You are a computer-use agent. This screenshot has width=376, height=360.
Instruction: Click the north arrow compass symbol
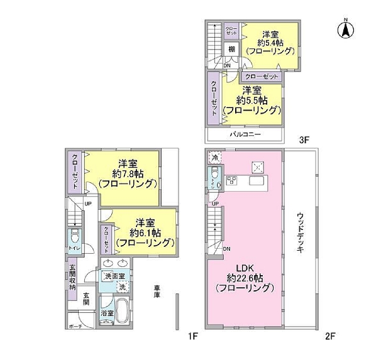(x=345, y=28)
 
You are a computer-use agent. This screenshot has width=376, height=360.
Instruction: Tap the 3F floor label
(x=304, y=141)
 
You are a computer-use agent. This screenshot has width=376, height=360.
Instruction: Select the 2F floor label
(x=330, y=336)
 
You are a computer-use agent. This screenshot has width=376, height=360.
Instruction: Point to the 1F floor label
(x=193, y=336)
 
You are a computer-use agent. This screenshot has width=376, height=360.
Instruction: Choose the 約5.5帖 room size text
(x=258, y=100)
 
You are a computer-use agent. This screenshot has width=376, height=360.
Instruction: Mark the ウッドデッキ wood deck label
(x=301, y=231)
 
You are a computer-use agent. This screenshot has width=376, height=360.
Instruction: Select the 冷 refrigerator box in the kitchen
(x=215, y=157)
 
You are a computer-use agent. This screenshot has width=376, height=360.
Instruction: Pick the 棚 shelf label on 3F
(x=232, y=50)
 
